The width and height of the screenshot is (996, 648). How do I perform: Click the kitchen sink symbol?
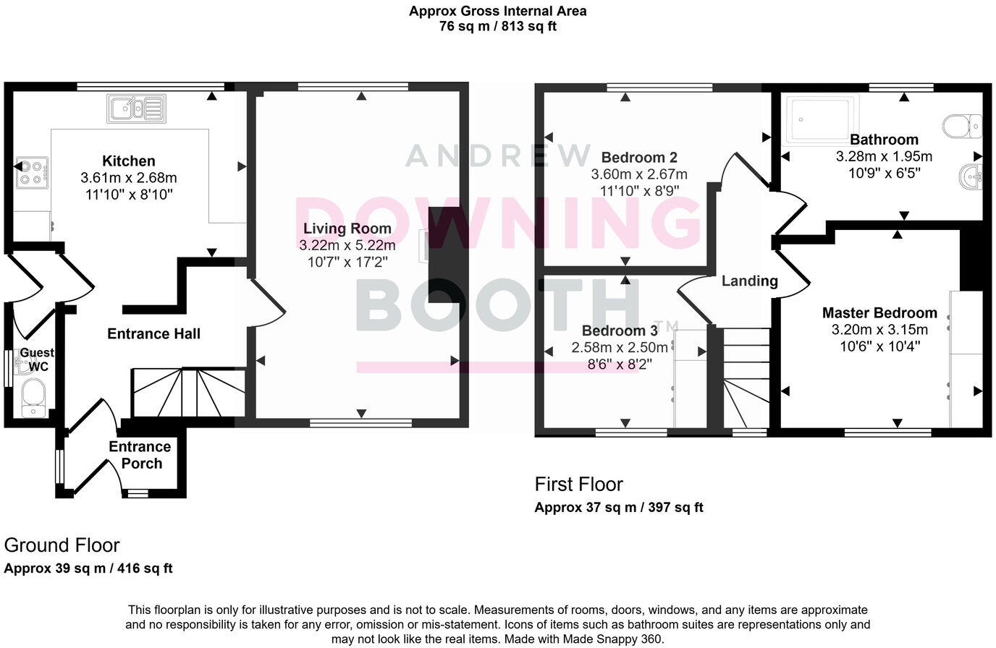(x=137, y=108)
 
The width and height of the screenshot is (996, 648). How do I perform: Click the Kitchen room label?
(x=128, y=161)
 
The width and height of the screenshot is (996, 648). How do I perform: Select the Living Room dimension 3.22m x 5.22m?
(x=347, y=245)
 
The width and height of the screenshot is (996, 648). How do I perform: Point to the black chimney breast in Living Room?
(x=442, y=255)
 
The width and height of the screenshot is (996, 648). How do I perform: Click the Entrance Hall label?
(x=153, y=333)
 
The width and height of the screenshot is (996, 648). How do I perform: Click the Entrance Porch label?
(x=140, y=455)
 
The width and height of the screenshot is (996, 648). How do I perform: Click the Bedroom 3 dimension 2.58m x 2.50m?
(x=620, y=347)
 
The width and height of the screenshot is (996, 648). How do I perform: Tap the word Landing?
(x=749, y=281)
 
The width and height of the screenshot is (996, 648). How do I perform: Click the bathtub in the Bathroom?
(x=823, y=117)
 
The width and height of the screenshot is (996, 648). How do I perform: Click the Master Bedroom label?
(x=879, y=312)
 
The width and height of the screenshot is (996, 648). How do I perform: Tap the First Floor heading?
(x=578, y=484)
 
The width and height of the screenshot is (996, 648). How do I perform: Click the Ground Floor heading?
(x=62, y=545)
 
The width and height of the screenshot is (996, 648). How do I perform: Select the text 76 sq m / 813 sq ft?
(x=497, y=27)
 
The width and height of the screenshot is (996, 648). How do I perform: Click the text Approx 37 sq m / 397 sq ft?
(x=618, y=507)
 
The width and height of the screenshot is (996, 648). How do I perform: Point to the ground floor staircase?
(x=187, y=392)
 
